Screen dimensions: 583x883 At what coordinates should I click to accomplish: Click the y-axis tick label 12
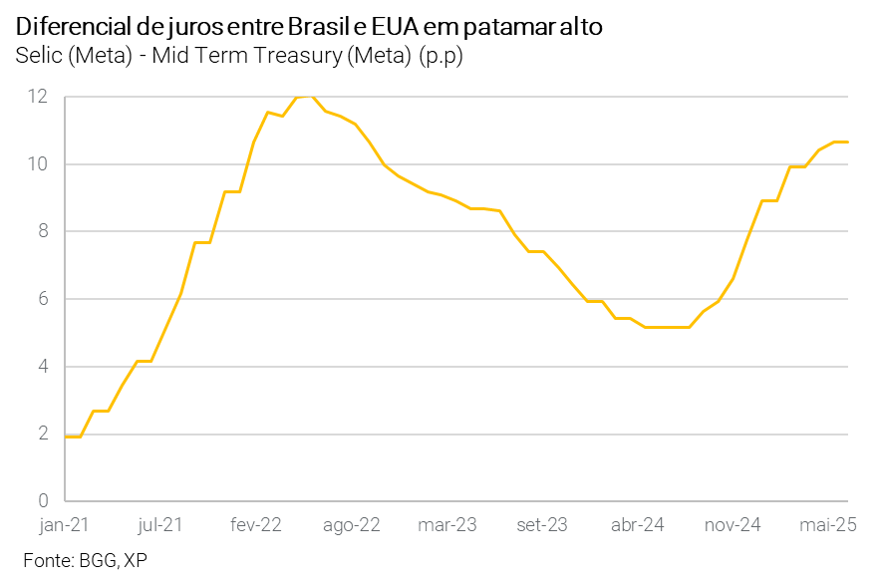(38, 97)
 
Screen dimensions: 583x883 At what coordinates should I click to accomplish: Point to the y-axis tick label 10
(38, 164)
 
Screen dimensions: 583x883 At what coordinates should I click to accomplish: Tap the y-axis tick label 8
(43, 231)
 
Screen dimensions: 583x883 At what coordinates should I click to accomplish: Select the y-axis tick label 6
(43, 299)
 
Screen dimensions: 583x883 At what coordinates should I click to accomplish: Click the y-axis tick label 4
(43, 367)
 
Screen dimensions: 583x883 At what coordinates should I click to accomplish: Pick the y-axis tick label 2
(43, 434)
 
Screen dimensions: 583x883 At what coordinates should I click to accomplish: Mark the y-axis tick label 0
(43, 501)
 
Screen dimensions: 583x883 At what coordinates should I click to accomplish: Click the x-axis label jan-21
(63, 523)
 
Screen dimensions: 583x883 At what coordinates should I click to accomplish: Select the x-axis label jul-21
(159, 523)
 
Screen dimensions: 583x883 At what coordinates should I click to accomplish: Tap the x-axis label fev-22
(257, 523)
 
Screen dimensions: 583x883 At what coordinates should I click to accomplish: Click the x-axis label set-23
(541, 523)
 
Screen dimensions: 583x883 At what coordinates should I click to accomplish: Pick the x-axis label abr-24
(638, 523)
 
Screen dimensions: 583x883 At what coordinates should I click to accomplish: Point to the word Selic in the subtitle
(39, 55)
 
